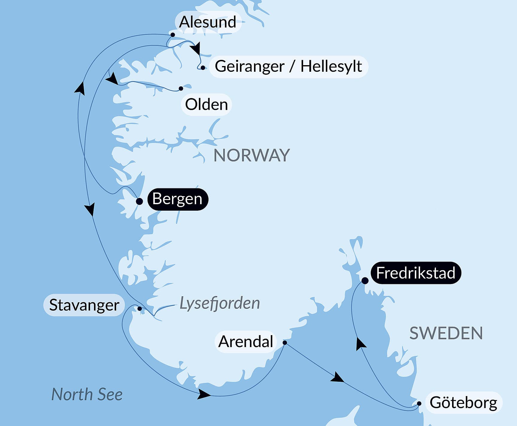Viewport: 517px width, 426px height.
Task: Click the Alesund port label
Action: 208,22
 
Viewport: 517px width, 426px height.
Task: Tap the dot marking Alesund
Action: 173,35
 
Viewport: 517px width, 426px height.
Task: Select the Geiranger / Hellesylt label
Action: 288,66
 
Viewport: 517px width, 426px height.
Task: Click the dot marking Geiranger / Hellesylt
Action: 203,68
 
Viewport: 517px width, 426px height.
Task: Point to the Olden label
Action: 206,105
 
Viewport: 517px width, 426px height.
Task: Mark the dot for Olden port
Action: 181,88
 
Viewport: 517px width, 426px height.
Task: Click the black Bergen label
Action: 177,199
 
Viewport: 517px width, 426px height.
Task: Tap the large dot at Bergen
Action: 139,201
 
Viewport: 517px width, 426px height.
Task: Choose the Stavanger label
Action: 84,305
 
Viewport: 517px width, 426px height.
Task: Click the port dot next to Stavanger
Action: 139,309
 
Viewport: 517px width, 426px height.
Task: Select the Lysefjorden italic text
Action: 220,303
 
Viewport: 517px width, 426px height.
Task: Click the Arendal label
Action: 246,342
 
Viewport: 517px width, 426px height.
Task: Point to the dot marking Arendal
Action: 285,343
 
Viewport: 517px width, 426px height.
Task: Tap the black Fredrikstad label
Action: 416,273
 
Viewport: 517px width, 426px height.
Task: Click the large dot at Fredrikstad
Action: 365,281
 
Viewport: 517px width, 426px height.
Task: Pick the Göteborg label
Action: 463,403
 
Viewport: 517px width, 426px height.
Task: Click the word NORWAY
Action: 252,155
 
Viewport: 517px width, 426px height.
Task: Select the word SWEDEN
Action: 446,333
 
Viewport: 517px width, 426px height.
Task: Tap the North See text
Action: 87,394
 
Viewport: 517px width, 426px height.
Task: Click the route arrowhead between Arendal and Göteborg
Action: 338,378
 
